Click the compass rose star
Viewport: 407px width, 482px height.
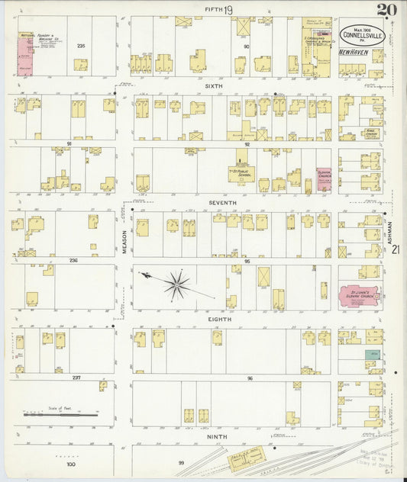click(176, 284)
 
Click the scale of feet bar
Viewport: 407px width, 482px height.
click(60, 415)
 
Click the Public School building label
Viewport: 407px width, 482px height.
click(241, 172)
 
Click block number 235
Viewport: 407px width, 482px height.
click(80, 47)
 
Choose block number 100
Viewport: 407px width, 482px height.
click(70, 464)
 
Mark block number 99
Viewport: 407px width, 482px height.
click(181, 463)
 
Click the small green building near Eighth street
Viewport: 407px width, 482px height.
click(372, 355)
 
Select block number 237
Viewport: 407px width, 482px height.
click(76, 378)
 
